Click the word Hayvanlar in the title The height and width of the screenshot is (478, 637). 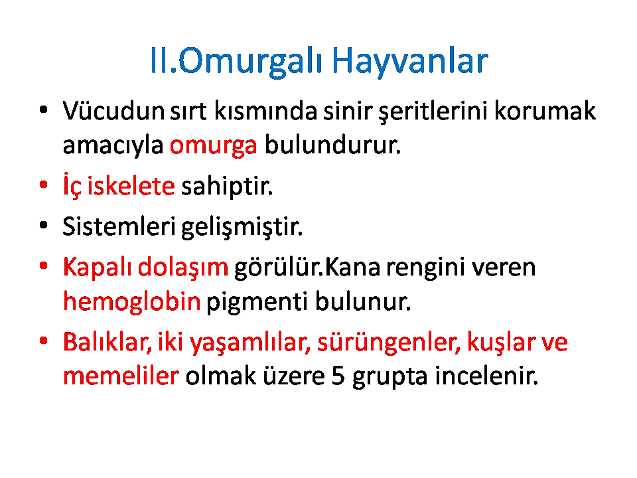[410, 61]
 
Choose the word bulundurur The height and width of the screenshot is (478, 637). [332, 145]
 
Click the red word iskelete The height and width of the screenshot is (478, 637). [131, 186]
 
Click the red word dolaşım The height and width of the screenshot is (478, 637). [183, 268]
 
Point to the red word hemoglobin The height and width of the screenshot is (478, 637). [132, 302]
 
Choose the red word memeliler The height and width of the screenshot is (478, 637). [121, 376]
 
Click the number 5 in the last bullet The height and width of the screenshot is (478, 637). [338, 376]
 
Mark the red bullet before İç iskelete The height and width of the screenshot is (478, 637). [44, 185]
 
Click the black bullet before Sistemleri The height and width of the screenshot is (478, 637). [44, 225]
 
